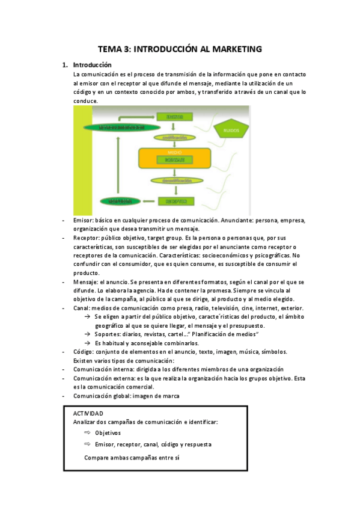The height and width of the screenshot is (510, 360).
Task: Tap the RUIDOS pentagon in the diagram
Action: click(231, 130)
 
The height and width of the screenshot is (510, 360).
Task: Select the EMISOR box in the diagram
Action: click(175, 115)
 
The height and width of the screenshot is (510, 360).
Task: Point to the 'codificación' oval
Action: click(175, 137)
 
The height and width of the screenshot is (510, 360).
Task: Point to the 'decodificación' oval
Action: click(175, 180)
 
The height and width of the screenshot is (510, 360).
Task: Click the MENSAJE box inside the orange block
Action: click(175, 160)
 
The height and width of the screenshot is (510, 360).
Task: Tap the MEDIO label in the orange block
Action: click(175, 152)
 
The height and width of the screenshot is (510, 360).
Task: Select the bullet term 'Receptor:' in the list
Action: click(88, 238)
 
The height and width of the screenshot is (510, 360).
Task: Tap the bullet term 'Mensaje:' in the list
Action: click(87, 282)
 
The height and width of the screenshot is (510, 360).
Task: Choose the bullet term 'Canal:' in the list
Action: click(82, 308)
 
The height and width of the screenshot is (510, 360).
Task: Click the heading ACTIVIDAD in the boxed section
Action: click(88, 414)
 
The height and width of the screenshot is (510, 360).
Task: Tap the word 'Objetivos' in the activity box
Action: click(108, 432)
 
